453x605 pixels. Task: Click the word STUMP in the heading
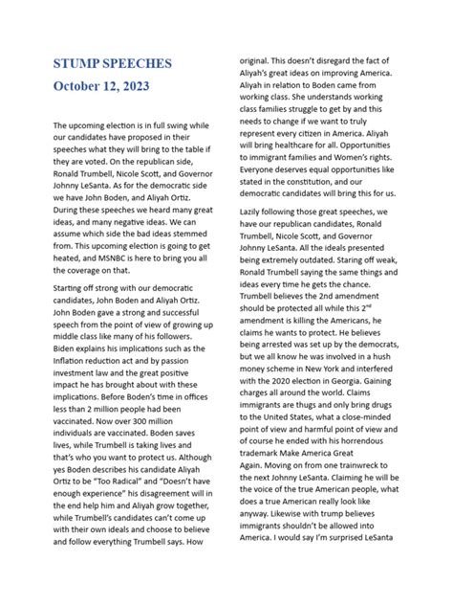[80, 63]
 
